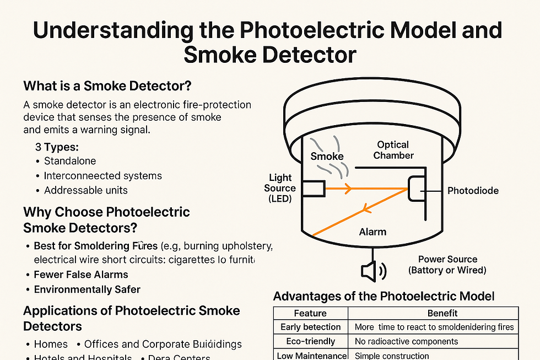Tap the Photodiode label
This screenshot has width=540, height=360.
pyautogui.click(x=473, y=191)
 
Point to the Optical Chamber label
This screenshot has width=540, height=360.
pyautogui.click(x=393, y=150)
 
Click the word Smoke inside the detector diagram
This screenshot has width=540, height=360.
pyautogui.click(x=327, y=156)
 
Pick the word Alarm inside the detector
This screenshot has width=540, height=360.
pyautogui.click(x=372, y=232)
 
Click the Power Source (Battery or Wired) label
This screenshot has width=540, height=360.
pyautogui.click(x=447, y=265)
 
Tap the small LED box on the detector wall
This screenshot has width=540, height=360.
pyautogui.click(x=312, y=189)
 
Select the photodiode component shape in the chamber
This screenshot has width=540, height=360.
pyautogui.click(x=414, y=190)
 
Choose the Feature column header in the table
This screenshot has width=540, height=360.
pyautogui.click(x=310, y=313)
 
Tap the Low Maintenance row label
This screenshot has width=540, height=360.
pyautogui.click(x=312, y=356)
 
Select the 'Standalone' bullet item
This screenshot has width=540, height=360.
pyautogui.click(x=69, y=161)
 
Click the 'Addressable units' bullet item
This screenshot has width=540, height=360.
pyautogui.click(x=85, y=190)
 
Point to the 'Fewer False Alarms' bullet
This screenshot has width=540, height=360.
pyautogui.click(x=81, y=275)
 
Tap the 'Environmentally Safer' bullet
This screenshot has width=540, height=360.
pyautogui.click(x=87, y=289)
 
